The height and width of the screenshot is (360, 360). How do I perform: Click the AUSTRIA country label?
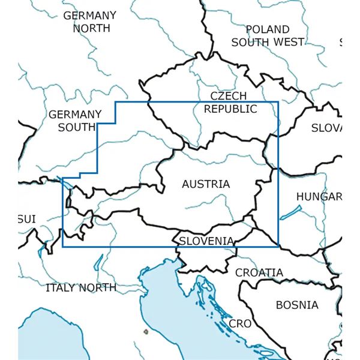point(206,184)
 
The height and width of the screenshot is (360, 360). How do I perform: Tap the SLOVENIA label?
point(206,241)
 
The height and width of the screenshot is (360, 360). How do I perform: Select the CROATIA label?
point(259,272)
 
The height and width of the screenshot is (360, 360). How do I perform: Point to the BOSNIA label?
point(297,305)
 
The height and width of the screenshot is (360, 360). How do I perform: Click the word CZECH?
point(228,96)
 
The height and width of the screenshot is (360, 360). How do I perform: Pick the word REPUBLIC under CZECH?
point(230,109)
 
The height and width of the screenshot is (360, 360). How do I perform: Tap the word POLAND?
point(267,29)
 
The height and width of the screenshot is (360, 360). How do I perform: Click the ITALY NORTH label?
point(81,287)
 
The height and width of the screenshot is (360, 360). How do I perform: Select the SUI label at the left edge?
point(26,220)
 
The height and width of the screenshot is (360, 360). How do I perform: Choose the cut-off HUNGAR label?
point(319,197)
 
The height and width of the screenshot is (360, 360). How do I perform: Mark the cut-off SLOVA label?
point(326,128)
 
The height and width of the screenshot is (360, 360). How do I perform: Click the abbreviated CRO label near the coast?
point(240,323)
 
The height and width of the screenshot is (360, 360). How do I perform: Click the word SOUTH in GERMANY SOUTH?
point(77,127)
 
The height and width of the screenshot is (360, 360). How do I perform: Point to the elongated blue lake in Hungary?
point(291,212)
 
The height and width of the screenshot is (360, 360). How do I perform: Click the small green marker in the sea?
point(145,331)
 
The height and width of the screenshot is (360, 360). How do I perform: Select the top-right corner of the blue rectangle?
point(278,102)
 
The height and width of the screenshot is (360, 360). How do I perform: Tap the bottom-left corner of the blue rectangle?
point(62,246)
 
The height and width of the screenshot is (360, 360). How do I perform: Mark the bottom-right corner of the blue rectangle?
point(278,245)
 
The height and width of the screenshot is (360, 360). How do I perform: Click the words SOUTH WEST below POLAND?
point(267,42)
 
